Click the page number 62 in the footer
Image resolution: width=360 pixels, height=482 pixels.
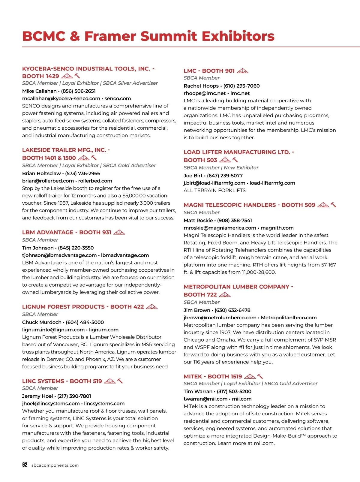(x=25, y=465)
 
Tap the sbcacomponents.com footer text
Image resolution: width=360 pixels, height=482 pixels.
(x=55, y=465)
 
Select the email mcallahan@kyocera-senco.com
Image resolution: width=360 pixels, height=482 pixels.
(x=61, y=98)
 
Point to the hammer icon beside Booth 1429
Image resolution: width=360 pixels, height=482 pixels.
(x=77, y=76)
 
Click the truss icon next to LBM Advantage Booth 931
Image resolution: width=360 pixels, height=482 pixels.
(x=119, y=232)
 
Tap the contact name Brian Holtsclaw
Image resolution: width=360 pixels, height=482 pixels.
(x=41, y=173)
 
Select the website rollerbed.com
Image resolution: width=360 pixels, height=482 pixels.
(x=95, y=181)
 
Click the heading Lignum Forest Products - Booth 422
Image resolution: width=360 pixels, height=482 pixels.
(x=83, y=307)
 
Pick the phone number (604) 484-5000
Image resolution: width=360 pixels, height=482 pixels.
(x=85, y=322)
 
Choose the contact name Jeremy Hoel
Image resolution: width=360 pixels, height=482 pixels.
(x=37, y=396)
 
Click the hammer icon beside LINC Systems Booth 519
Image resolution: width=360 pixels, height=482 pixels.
(x=120, y=381)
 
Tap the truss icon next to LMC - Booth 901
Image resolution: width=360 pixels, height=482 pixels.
(x=242, y=71)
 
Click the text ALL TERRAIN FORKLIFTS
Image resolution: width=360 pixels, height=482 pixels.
(x=214, y=190)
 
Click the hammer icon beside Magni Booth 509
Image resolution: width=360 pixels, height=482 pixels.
(x=333, y=205)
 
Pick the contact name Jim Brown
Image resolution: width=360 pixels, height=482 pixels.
(x=197, y=310)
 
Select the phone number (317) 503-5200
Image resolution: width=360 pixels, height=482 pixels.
(x=234, y=391)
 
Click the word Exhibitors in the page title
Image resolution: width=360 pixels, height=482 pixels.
(x=238, y=36)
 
